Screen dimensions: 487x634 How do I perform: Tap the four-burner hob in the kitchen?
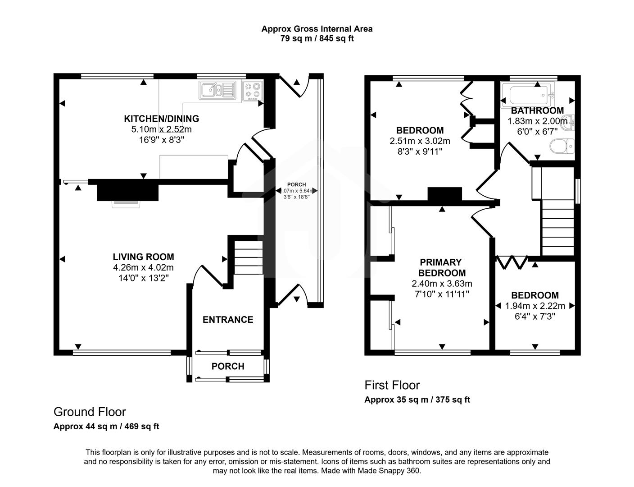pos(253,90)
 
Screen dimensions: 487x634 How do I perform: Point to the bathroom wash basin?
pos(571,122)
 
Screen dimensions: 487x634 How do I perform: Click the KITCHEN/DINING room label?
pos(161,119)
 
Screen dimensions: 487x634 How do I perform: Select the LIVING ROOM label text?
pos(143,257)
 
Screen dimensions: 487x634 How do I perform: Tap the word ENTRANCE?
pos(228,320)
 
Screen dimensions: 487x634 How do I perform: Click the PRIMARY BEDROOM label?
pos(441,268)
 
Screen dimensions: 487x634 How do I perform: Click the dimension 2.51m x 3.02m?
pos(420,141)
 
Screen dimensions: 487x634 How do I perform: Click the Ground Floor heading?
pos(90,412)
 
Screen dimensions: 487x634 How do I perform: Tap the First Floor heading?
pos(392,385)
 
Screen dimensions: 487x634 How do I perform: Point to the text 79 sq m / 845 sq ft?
pos(317,39)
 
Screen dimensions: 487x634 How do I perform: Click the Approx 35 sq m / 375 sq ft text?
pos(417,400)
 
